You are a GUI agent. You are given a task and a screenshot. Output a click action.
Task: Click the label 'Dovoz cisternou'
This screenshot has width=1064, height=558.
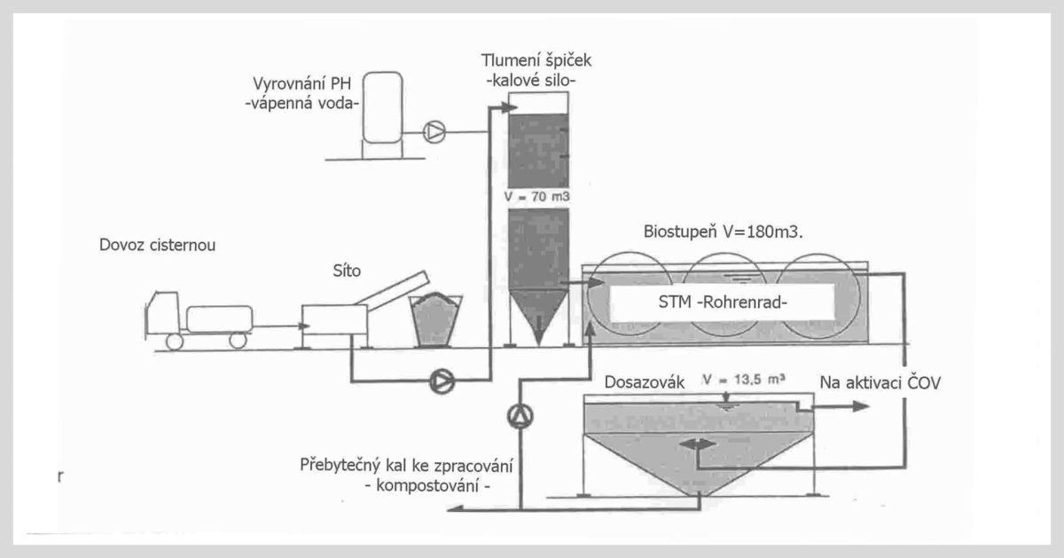pyautogui.click(x=157, y=245)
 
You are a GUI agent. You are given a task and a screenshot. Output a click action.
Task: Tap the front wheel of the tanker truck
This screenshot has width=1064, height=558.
pyautogui.click(x=175, y=342)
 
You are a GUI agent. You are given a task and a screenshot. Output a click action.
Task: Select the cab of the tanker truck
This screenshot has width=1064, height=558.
pyautogui.click(x=162, y=313)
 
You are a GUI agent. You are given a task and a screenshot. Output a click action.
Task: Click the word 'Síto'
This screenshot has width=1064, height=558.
pyautogui.click(x=347, y=271)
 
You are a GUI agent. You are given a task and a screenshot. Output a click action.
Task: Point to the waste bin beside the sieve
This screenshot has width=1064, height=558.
pyautogui.click(x=436, y=320)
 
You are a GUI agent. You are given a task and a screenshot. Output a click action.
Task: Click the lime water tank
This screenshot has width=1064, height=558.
pyautogui.click(x=382, y=107)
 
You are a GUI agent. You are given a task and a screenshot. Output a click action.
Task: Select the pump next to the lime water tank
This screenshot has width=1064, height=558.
pyautogui.click(x=434, y=131)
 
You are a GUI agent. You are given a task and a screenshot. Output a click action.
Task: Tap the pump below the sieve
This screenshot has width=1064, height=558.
pyautogui.click(x=442, y=381)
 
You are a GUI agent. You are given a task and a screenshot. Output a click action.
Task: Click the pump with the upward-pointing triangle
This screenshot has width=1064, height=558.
pyautogui.click(x=520, y=416)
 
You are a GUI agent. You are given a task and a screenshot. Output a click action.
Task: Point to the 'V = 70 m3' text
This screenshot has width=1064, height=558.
pyautogui.click(x=536, y=196)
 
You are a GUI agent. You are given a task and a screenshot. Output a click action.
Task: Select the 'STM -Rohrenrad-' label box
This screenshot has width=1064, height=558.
pyautogui.click(x=723, y=303)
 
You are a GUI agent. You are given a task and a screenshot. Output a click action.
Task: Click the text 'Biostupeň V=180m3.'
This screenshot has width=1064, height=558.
pyautogui.click(x=723, y=232)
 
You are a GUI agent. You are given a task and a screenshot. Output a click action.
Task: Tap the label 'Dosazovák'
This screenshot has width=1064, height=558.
pyautogui.click(x=644, y=382)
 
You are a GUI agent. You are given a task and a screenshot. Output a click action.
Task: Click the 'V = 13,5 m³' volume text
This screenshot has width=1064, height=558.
pyautogui.click(x=744, y=380)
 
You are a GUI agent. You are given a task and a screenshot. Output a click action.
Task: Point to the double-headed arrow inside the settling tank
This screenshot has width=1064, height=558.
pyautogui.click(x=697, y=444)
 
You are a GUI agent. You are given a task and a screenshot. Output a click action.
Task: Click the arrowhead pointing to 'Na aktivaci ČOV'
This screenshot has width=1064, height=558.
pyautogui.click(x=861, y=406)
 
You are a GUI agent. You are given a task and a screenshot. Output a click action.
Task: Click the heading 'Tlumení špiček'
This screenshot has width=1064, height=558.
pyautogui.click(x=536, y=61)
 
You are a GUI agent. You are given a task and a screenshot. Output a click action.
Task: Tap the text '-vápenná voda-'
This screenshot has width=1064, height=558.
pyautogui.click(x=302, y=103)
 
